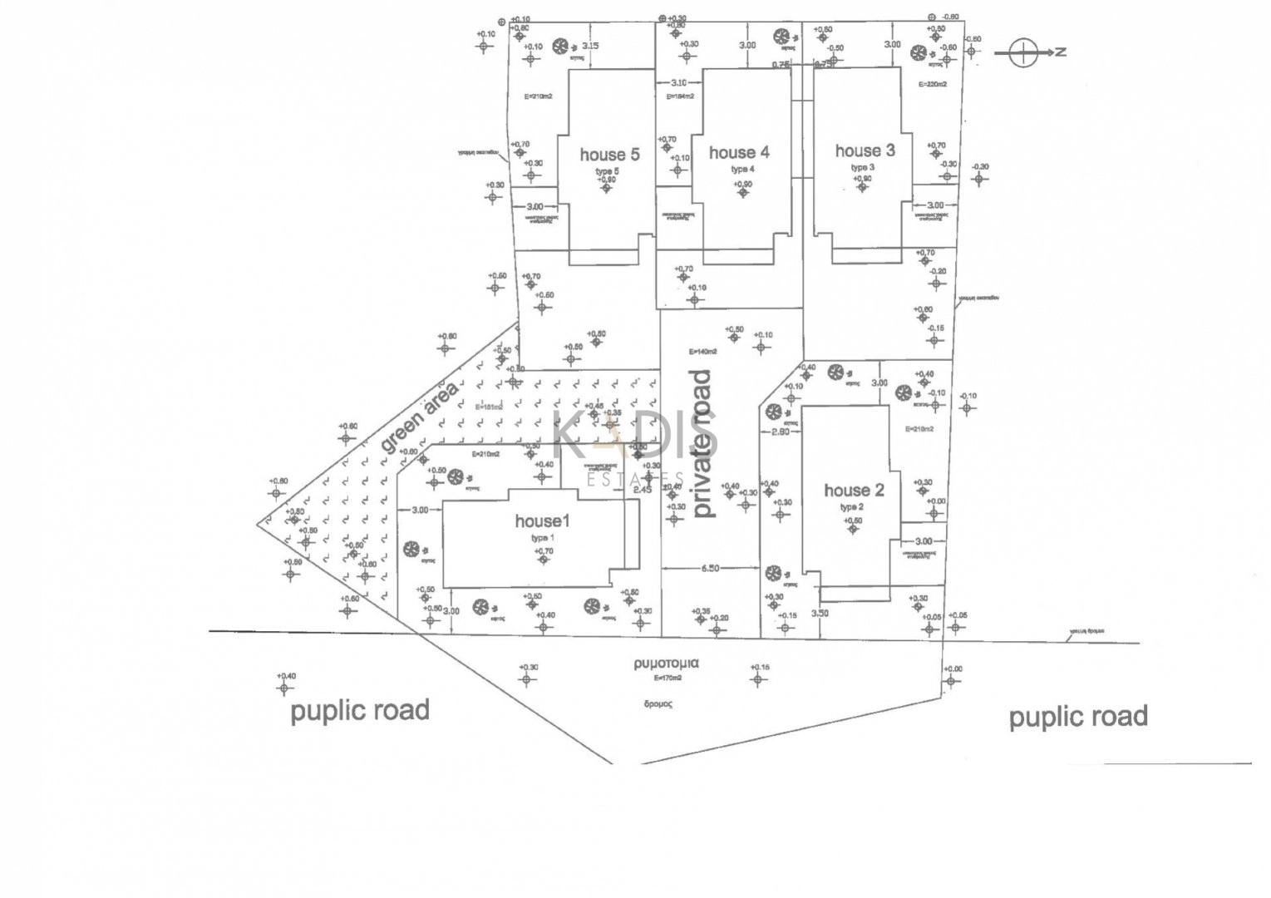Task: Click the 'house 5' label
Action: pyautogui.click(x=609, y=155)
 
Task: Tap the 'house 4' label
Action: pyautogui.click(x=739, y=152)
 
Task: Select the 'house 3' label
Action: pyautogui.click(x=865, y=150)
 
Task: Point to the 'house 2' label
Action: pyautogui.click(x=855, y=491)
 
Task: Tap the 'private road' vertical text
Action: pyautogui.click(x=703, y=444)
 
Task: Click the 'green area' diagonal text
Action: pyautogui.click(x=420, y=417)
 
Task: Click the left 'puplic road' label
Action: pyautogui.click(x=360, y=711)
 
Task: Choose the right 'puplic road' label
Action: pyautogui.click(x=1078, y=717)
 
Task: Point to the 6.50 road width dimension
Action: pyautogui.click(x=710, y=569)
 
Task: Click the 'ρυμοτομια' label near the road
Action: pyautogui.click(x=666, y=664)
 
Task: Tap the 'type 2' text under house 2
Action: pyautogui.click(x=852, y=507)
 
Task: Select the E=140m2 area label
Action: pyautogui.click(x=702, y=352)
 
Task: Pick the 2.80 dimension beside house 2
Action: pyautogui.click(x=780, y=432)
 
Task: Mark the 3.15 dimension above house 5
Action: pyautogui.click(x=589, y=46)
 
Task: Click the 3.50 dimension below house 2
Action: pyautogui.click(x=820, y=614)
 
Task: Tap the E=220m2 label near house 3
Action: pyautogui.click(x=933, y=84)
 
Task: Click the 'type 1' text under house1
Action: pyautogui.click(x=543, y=538)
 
